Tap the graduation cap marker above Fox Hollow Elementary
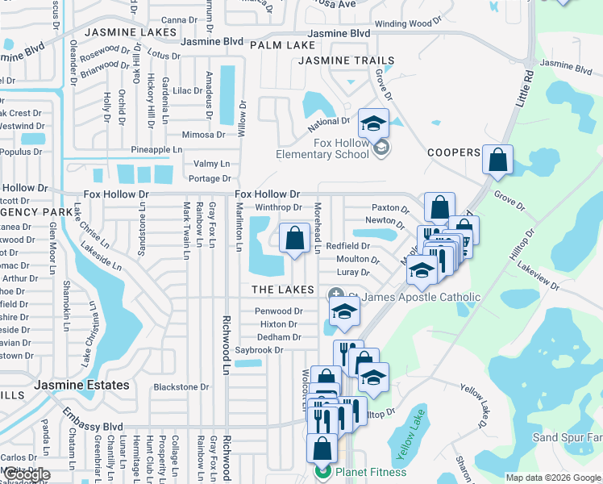(373, 124)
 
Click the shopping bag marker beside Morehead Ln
(294, 239)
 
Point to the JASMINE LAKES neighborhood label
(130, 32)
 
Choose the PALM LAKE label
(282, 45)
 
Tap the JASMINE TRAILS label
(347, 60)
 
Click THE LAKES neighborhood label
(282, 290)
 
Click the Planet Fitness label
(371, 472)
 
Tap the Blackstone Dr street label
(181, 386)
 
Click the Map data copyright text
(553, 478)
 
